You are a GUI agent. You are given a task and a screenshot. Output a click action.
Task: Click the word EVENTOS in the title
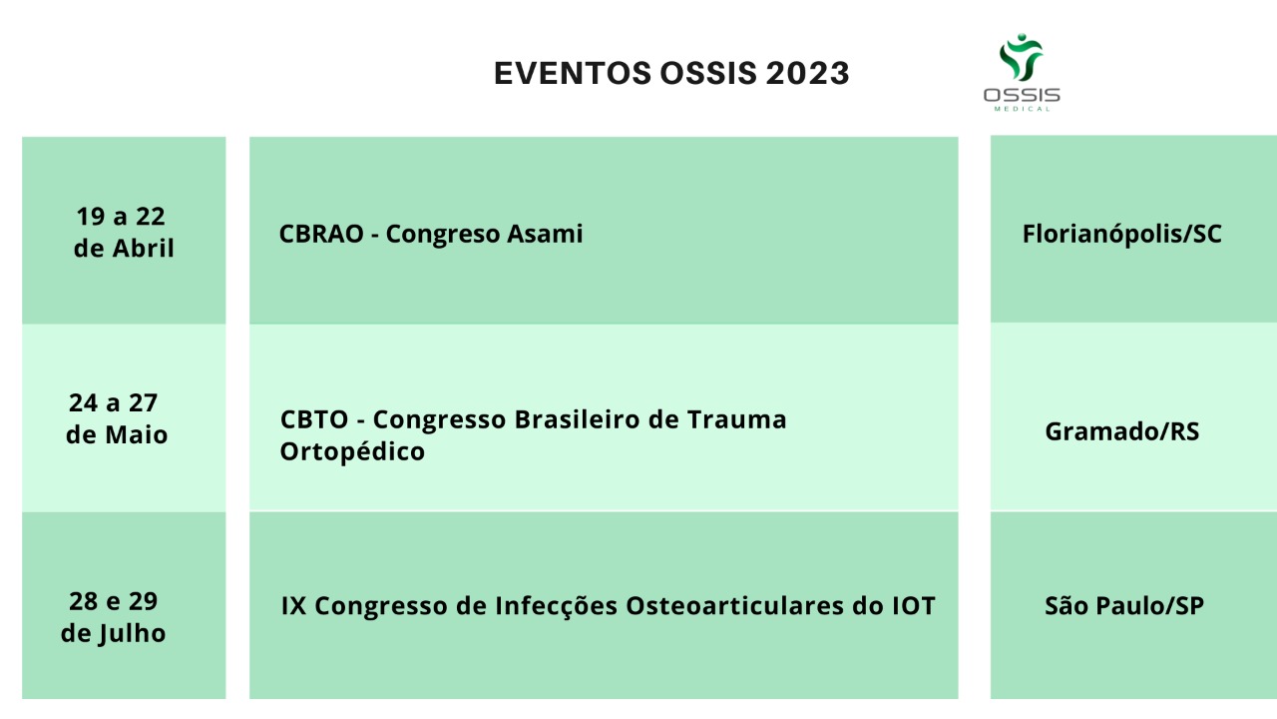coord(573,73)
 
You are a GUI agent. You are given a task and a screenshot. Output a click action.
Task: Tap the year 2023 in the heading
coord(807,73)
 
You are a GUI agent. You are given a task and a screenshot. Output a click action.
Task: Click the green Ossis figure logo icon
coord(1021,57)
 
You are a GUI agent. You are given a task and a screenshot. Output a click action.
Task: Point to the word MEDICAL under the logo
coord(1022,109)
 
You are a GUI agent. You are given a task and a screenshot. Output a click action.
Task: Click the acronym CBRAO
coord(321,234)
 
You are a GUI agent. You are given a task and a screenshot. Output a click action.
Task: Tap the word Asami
coord(545,234)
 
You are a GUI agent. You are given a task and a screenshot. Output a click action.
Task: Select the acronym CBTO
coord(314,420)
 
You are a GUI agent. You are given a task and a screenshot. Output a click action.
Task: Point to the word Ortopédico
coord(352,452)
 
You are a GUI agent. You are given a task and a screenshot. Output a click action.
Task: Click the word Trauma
coord(736,420)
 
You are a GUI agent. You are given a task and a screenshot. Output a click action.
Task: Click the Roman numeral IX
coord(293,606)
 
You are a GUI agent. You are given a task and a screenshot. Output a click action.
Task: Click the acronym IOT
coord(913,606)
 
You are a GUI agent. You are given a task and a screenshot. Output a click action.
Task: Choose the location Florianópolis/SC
coord(1122,235)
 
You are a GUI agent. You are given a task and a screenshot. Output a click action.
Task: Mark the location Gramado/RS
coord(1122,432)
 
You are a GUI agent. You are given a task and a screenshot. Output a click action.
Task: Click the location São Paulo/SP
coord(1124,606)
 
